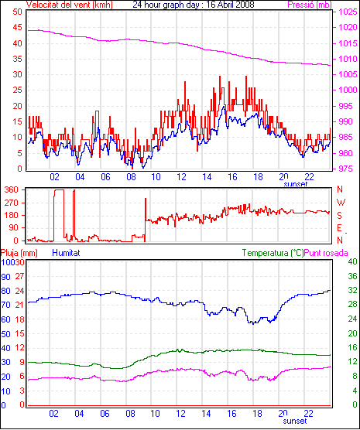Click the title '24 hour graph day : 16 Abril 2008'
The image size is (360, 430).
tap(194, 5)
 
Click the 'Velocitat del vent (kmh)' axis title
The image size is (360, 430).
tap(70, 5)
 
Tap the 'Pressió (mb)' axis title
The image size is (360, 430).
tap(310, 5)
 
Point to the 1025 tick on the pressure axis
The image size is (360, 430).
tap(348, 12)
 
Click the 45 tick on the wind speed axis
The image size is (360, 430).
tap(17, 27)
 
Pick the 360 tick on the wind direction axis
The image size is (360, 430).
tap(12, 189)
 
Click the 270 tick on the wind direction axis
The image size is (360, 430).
tap(12, 203)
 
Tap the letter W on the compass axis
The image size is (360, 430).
tap(341, 203)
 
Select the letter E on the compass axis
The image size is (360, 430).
tap(340, 228)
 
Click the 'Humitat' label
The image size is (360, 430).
tap(66, 253)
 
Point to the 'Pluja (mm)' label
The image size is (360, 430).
tap(19, 253)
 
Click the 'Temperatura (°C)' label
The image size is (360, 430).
tap(273, 253)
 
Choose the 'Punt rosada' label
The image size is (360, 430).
tap(326, 253)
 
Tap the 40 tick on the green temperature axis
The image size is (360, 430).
tap(352, 261)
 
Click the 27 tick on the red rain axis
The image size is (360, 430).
tap(20, 276)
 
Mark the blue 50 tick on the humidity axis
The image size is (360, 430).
tap(5, 334)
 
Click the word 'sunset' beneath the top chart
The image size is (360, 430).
tap(296, 184)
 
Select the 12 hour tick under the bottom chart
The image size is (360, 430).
tap(181, 413)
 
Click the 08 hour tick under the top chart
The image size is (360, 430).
tap(131, 177)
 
